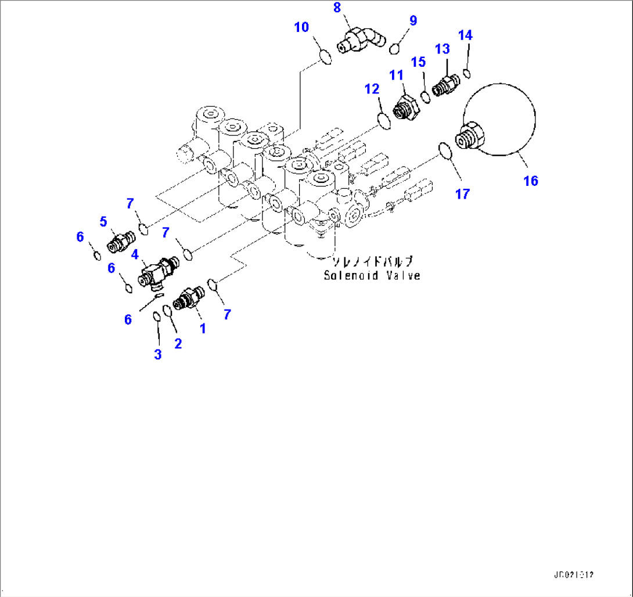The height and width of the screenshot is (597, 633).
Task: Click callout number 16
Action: click(530, 181)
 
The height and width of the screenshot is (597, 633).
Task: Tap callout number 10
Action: click(301, 27)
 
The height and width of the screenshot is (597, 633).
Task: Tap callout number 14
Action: click(465, 35)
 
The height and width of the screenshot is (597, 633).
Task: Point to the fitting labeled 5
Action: click(121, 240)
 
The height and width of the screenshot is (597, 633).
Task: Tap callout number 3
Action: click(157, 354)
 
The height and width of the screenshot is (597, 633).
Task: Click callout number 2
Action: click(178, 343)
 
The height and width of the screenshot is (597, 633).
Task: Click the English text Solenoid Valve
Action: click(372, 275)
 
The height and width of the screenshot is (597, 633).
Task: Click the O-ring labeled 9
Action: click(394, 49)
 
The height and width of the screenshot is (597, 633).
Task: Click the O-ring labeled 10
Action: click(326, 57)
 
